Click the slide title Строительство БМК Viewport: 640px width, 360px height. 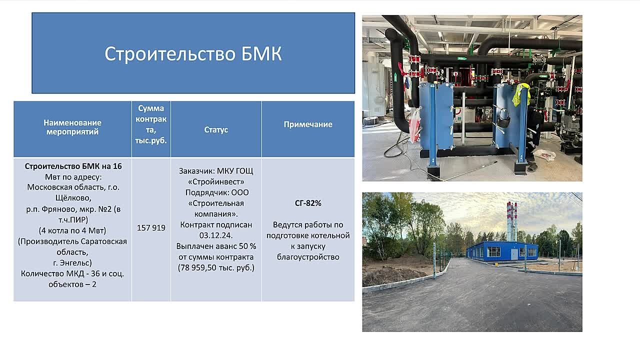(193, 53)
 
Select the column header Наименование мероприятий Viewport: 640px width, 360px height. (72, 127)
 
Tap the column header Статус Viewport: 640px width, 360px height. (216, 129)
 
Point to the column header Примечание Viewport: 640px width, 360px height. (308, 124)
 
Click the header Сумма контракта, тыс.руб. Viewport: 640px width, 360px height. (151, 124)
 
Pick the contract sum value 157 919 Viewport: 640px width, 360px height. (151, 227)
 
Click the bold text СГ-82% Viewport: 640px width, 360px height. (308, 203)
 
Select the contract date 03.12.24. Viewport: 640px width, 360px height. (216, 235)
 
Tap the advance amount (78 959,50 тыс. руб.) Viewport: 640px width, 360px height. (216, 268)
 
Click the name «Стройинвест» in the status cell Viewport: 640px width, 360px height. (216, 181)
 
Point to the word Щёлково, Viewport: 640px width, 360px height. (73, 197)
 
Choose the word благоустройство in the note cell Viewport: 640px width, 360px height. (308, 257)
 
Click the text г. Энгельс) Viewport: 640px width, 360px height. (72, 262)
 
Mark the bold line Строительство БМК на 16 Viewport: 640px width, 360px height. (73, 166)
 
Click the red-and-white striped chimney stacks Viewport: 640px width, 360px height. (511, 221)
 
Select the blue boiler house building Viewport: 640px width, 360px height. (501, 251)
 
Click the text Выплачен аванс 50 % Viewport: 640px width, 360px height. (216, 246)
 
